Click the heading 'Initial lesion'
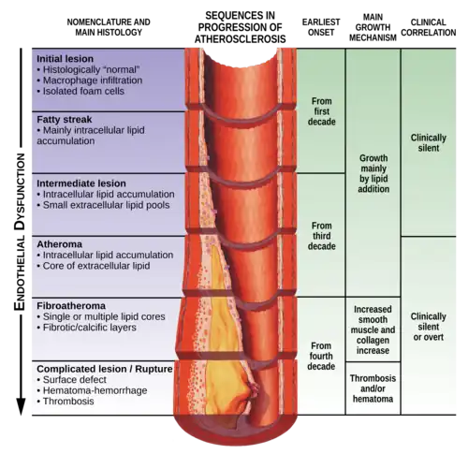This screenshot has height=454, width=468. click(x=65, y=59)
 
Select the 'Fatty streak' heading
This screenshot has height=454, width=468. click(x=65, y=120)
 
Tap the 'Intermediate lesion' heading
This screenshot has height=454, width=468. click(x=81, y=183)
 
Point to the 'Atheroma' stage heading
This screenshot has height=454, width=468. click(x=60, y=244)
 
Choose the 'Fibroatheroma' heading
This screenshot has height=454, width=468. click(x=71, y=305)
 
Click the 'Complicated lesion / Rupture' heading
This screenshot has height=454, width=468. click(x=105, y=369)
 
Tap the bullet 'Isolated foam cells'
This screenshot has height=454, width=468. click(x=80, y=91)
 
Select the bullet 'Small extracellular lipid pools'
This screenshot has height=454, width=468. click(x=103, y=205)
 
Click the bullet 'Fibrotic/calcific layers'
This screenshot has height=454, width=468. click(x=86, y=328)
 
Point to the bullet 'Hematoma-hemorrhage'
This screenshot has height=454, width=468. click(x=92, y=390)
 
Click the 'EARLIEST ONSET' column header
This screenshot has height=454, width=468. click(x=321, y=27)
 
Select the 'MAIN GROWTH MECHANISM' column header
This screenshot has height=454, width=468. click(x=373, y=27)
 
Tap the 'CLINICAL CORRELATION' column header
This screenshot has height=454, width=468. click(x=429, y=27)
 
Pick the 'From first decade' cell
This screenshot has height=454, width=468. click(x=322, y=111)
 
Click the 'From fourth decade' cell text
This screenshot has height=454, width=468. click(x=321, y=356)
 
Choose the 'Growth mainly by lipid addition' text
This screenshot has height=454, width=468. click(x=373, y=173)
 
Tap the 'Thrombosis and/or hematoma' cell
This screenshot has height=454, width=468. click(x=373, y=388)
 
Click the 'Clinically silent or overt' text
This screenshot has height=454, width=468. click(x=429, y=327)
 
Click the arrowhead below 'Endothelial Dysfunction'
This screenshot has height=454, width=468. click(x=21, y=406)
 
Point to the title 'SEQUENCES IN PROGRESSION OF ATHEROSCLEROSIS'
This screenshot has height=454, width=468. click(x=240, y=27)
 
